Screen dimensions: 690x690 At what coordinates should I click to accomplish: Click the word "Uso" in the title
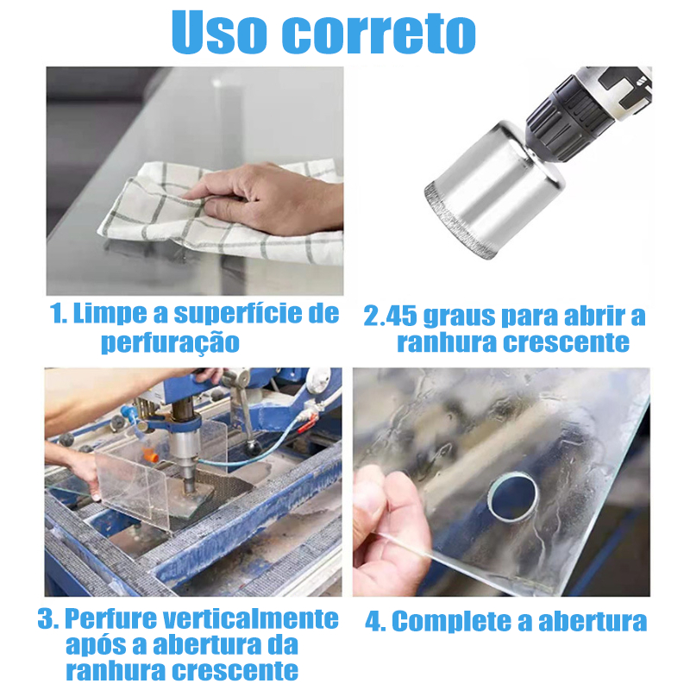click(x=219, y=32)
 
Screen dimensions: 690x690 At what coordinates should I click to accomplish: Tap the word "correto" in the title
click(x=379, y=34)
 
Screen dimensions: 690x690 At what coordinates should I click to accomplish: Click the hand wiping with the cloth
click(x=264, y=198)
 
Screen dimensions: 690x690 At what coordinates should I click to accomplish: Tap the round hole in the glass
click(x=513, y=497)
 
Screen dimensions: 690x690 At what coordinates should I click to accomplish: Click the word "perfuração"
click(x=170, y=343)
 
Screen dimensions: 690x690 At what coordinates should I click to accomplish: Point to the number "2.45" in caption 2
click(x=390, y=317)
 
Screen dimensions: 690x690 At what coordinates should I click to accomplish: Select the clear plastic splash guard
click(x=132, y=488)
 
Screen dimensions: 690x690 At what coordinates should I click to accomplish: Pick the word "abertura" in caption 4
click(x=593, y=621)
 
